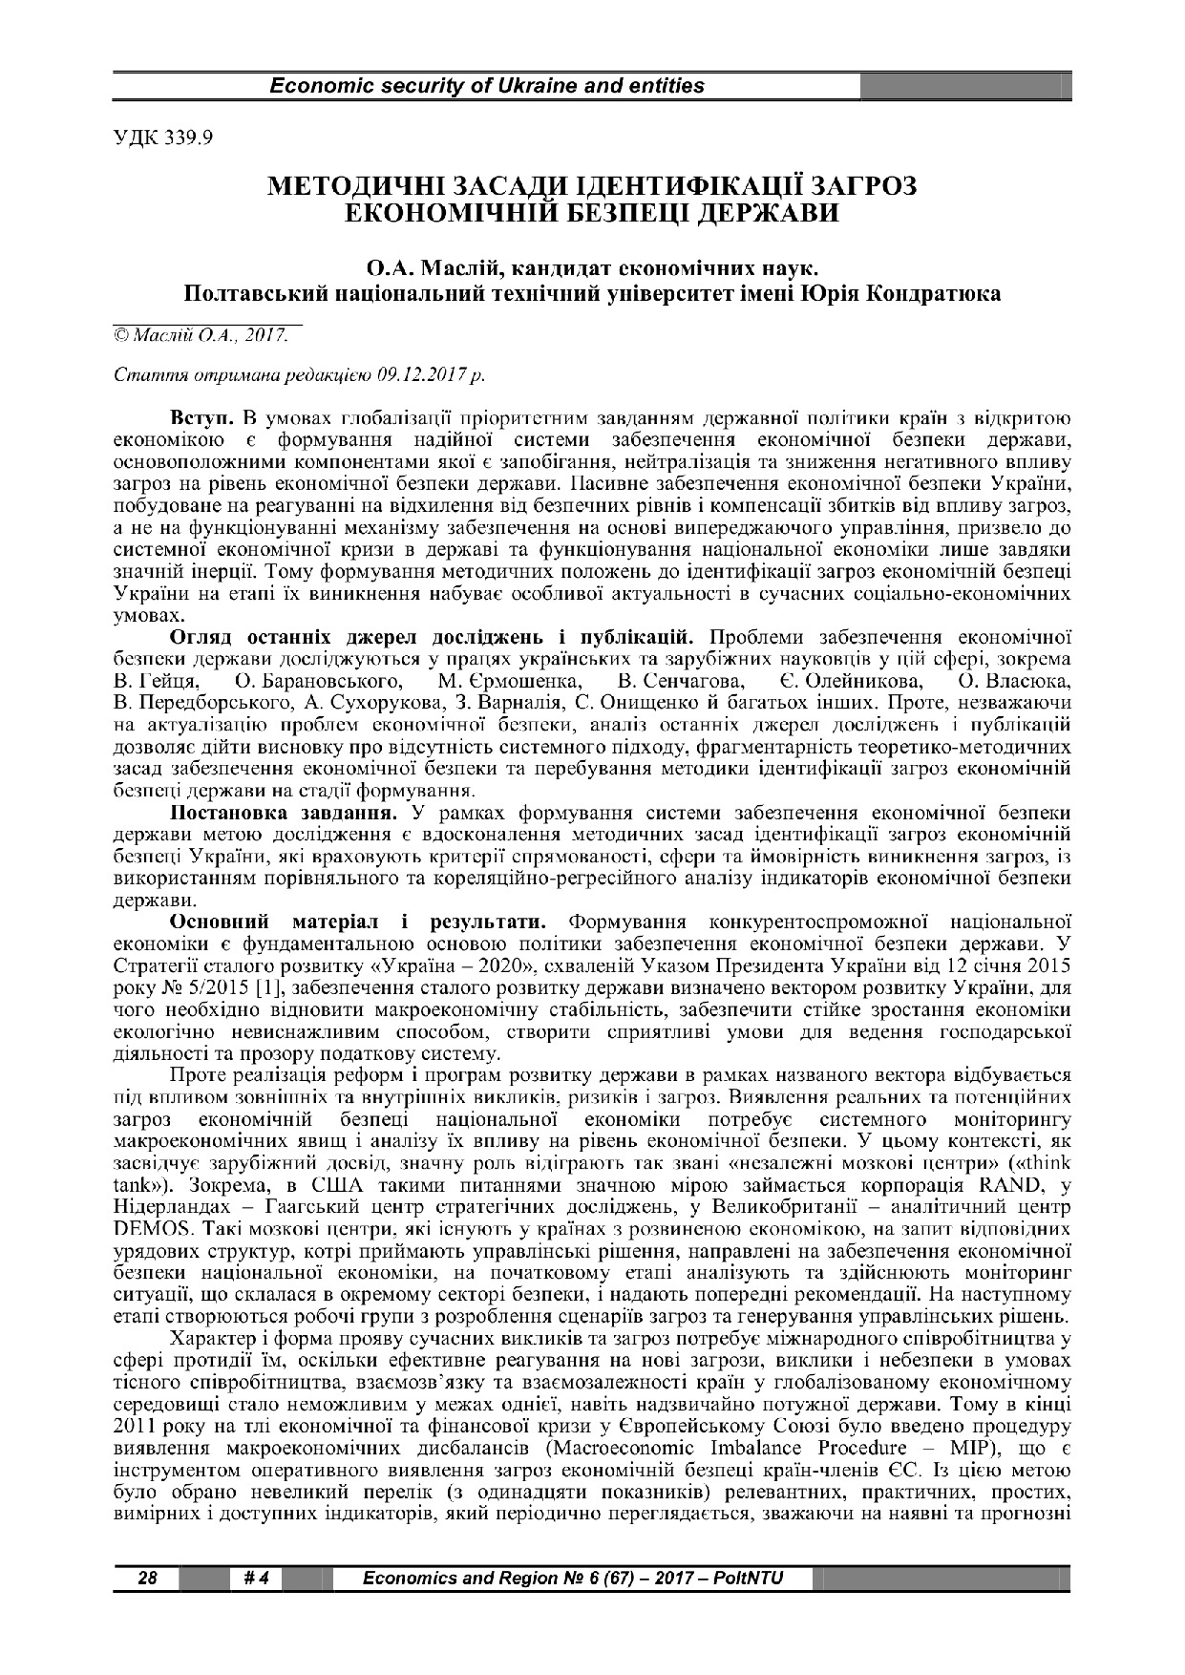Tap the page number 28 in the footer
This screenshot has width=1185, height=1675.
[146, 1579]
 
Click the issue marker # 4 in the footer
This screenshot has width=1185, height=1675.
[255, 1579]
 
